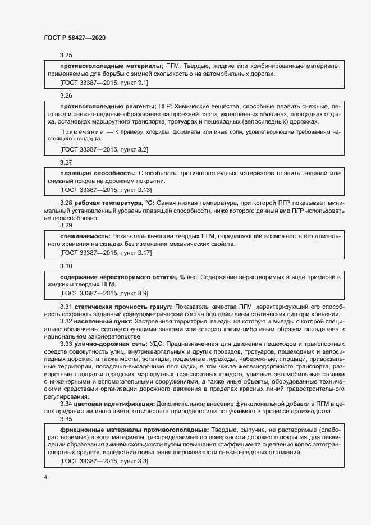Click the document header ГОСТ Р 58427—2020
click(75, 38)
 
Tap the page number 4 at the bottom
click(45, 477)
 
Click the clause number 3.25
click(66, 55)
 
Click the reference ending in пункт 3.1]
click(104, 83)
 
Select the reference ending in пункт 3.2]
click(104, 149)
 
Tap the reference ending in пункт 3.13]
click(106, 190)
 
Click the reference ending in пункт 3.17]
click(106, 253)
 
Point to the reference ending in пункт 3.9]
click(104, 293)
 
